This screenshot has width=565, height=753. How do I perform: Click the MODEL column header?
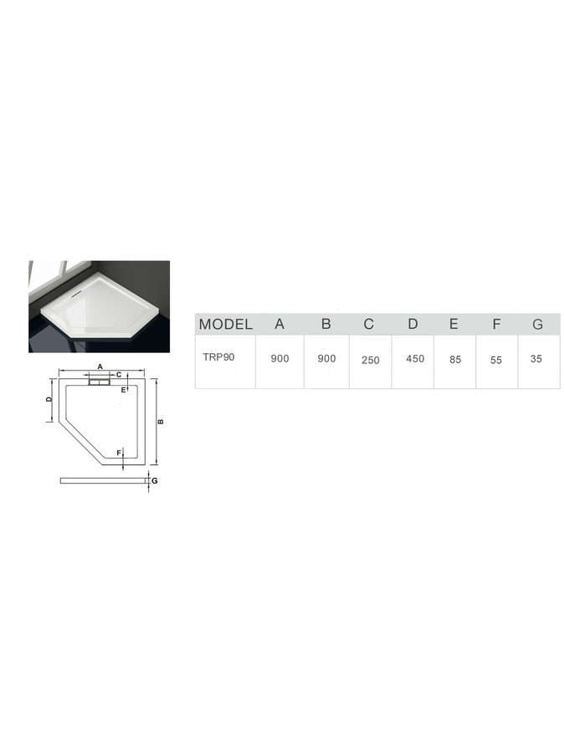point(225,324)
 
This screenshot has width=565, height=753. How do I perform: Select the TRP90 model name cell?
point(218,356)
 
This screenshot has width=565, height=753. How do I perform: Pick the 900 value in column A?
point(280,358)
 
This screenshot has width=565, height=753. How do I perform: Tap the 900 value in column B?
point(326,358)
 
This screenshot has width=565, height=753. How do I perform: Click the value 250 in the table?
point(371,360)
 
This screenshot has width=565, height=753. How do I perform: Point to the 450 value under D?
point(415,358)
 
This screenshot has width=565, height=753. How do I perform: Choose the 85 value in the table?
point(455,359)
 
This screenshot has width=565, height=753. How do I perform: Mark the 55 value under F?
point(496,360)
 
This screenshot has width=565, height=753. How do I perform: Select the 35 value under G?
point(537,358)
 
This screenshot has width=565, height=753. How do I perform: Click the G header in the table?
point(537,324)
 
